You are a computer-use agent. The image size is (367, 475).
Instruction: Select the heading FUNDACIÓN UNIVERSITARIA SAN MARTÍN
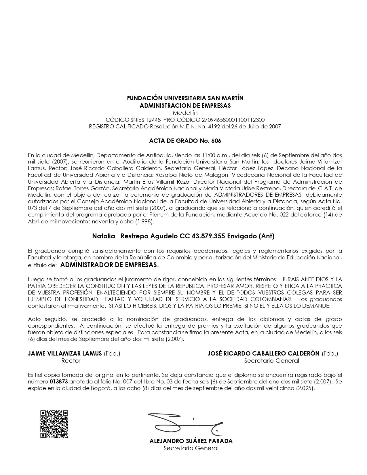pos(185,98)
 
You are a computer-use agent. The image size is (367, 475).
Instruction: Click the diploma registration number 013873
pos(59,381)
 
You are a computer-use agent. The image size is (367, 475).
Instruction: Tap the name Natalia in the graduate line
pos(104,236)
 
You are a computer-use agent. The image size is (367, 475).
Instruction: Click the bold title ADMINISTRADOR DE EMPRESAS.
pos(109,265)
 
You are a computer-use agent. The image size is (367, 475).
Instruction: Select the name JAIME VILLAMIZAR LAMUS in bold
pos(65,354)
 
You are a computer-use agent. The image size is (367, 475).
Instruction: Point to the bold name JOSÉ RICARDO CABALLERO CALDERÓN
pos(263,354)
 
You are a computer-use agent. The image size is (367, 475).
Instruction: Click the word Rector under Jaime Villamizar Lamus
pos(71,361)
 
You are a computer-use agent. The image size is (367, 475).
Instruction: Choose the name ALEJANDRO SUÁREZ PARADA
pos(191,441)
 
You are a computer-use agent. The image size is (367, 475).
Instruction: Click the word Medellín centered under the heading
pos(185,113)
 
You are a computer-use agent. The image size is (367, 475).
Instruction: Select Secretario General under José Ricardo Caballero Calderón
pos(271,361)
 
